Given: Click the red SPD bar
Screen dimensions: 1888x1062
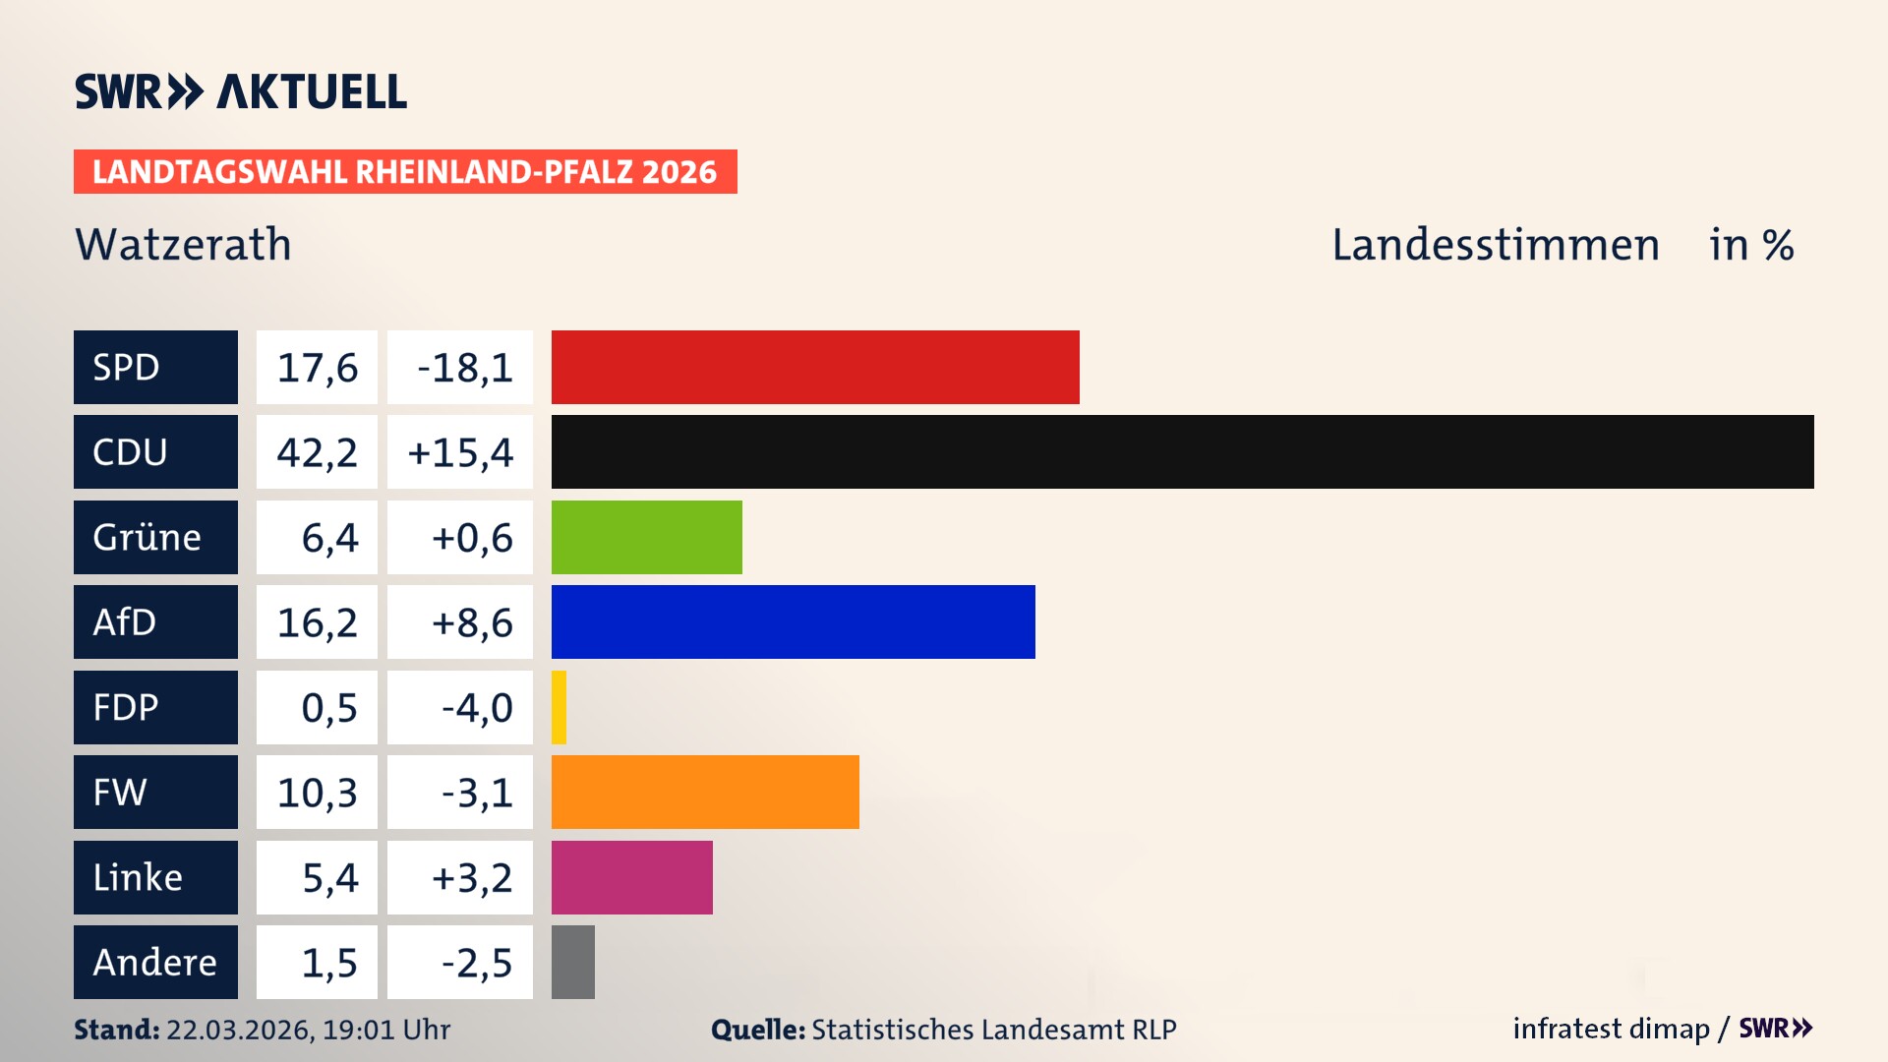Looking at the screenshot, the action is pyautogui.click(x=814, y=367).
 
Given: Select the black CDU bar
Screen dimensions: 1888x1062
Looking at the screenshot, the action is pyautogui.click(x=1182, y=451).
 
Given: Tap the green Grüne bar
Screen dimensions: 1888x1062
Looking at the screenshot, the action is pyautogui.click(x=646, y=537).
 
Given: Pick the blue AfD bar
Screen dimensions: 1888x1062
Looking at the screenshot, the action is pyautogui.click(x=793, y=621).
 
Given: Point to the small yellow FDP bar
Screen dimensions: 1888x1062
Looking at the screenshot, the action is pyautogui.click(x=559, y=707).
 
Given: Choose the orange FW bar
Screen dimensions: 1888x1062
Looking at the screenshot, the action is pyautogui.click(x=704, y=792).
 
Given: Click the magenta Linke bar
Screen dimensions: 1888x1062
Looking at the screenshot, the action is pyautogui.click(x=631, y=877).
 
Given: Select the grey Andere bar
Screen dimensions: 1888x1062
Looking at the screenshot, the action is pyautogui.click(x=572, y=962).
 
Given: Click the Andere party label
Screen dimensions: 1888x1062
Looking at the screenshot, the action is pyautogui.click(x=155, y=962).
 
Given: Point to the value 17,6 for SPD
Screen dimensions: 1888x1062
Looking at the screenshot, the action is pyautogui.click(x=317, y=367).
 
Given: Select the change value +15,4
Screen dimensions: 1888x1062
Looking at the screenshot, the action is pyautogui.click(x=460, y=451).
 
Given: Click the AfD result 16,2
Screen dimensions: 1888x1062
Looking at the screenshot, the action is pyautogui.click(x=317, y=621).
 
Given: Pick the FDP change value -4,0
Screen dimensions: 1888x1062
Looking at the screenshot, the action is pyautogui.click(x=476, y=707).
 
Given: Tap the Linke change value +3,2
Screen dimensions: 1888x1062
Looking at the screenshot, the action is pyautogui.click(x=471, y=877).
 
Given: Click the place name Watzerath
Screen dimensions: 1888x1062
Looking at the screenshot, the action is pyautogui.click(x=183, y=245).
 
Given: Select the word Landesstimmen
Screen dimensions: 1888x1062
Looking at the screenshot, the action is pyautogui.click(x=1495, y=245).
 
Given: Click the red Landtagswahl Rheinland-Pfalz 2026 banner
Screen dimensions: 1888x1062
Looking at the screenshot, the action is pyautogui.click(x=404, y=171).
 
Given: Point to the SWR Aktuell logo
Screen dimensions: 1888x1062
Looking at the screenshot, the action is pyautogui.click(x=240, y=91).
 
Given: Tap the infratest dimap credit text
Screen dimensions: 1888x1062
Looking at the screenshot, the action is pyautogui.click(x=1611, y=1029).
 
